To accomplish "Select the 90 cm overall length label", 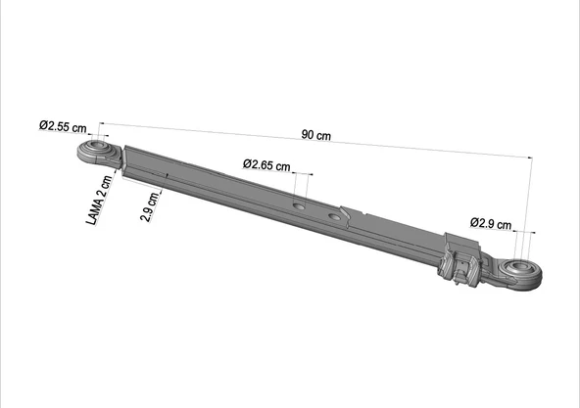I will pyautogui.click(x=315, y=136).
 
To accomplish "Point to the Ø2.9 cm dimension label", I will pyautogui.click(x=492, y=223).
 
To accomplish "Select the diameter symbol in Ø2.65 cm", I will pyautogui.click(x=248, y=164).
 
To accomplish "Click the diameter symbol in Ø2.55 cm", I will pyautogui.click(x=44, y=126).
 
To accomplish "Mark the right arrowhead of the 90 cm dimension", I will pyautogui.click(x=528, y=158).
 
